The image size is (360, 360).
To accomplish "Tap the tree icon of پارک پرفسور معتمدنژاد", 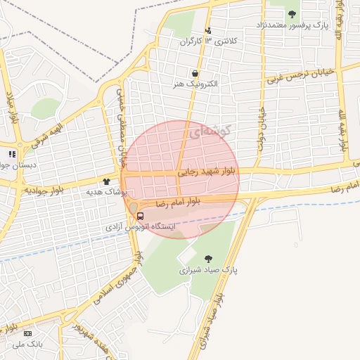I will (x=292, y=14).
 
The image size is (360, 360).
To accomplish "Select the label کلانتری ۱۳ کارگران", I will (x=208, y=41).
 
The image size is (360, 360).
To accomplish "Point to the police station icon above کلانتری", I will (x=208, y=30).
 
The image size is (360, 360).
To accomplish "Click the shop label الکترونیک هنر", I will (x=195, y=84).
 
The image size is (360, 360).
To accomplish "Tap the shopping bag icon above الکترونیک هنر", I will (x=195, y=72).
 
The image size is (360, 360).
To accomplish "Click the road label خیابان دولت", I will (x=262, y=127).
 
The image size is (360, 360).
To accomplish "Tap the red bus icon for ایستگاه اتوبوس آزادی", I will (x=140, y=216).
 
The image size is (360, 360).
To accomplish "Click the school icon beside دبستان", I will (x=11, y=154).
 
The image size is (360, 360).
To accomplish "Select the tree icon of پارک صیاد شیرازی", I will (x=209, y=259).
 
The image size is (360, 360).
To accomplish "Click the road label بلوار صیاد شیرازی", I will (x=214, y=321).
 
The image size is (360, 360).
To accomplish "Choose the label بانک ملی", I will (x=27, y=345).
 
